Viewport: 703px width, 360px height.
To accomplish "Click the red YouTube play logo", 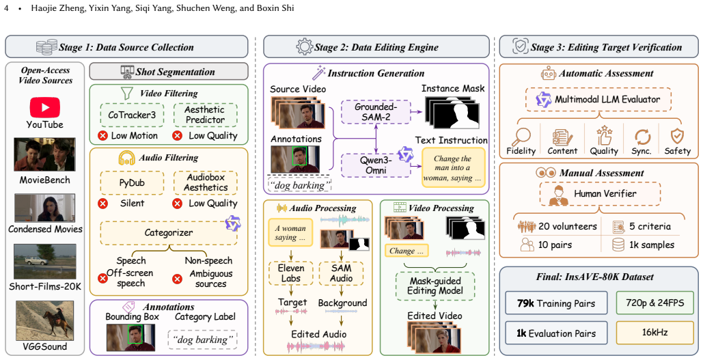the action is (x=45, y=108).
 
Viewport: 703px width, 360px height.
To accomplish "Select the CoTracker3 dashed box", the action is (x=132, y=115).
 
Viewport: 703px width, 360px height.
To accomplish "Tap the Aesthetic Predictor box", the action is (x=206, y=115).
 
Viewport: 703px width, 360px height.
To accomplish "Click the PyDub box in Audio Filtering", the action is (x=132, y=182).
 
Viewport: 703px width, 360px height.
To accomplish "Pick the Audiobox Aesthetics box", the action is (x=206, y=182).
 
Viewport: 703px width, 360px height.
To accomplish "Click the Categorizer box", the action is (x=169, y=233).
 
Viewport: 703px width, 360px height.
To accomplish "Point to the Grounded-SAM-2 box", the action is (x=376, y=112).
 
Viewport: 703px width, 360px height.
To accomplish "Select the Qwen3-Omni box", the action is (x=376, y=165).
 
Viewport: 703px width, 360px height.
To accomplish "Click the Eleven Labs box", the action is (x=291, y=273).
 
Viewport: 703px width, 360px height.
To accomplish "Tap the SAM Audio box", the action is (x=341, y=273).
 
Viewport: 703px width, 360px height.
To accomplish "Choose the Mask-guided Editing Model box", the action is (x=435, y=286).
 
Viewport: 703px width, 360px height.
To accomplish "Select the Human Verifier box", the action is (x=600, y=194).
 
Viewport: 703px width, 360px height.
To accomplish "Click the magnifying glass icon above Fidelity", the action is (x=521, y=137).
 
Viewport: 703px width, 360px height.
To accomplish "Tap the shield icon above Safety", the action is (x=677, y=137).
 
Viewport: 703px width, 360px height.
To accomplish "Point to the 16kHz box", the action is (x=655, y=332).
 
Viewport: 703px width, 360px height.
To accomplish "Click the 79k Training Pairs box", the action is (x=556, y=303).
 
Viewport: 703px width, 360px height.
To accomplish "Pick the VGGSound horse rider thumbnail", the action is (x=45, y=321).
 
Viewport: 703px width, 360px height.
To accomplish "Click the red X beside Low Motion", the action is (x=103, y=136).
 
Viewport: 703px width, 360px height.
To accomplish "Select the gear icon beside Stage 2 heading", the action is (x=305, y=46).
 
